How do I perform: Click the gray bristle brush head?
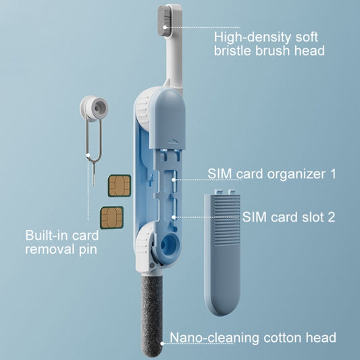point(164,21)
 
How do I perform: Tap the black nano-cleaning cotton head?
point(151,315)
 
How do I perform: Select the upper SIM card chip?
point(120,186)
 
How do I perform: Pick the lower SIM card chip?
point(111,217)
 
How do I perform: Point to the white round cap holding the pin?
point(94,108)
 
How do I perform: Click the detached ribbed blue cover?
point(222,253)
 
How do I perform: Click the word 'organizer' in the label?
point(297,174)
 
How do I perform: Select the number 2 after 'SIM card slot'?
point(332,217)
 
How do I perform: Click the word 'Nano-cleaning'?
point(215,338)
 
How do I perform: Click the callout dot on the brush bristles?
point(165,27)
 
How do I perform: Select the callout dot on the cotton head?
point(162,344)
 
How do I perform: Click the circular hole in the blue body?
point(170,245)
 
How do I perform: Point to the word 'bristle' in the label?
point(232,51)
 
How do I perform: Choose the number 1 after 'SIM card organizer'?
point(332,174)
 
